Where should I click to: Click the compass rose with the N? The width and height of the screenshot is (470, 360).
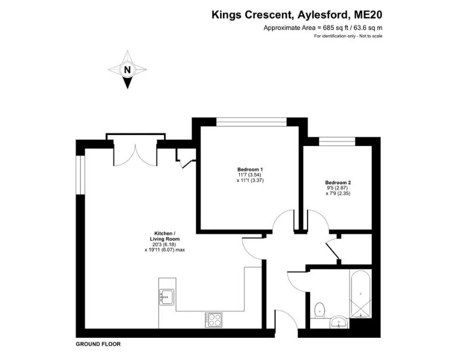[x=127, y=70]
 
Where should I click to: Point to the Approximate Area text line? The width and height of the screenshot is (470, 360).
[x=323, y=27]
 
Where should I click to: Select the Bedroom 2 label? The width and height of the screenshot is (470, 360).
[x=337, y=182]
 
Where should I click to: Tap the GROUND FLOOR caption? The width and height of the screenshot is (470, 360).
[x=98, y=344]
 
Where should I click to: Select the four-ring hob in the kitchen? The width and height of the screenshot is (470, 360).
[x=213, y=319]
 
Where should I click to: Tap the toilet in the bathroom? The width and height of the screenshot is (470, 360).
[x=319, y=309]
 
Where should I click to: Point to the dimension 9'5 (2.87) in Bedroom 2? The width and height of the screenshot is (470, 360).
[x=337, y=188]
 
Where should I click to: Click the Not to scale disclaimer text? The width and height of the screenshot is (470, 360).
[x=349, y=36]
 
